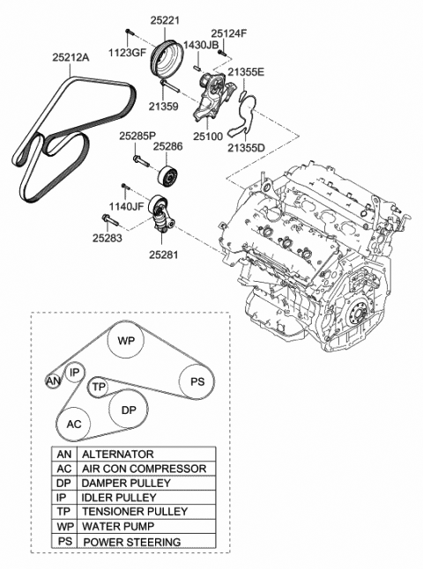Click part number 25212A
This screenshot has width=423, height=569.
pyautogui.click(x=70, y=57)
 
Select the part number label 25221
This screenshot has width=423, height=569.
pyautogui.click(x=165, y=20)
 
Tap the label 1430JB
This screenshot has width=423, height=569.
pyautogui.click(x=200, y=45)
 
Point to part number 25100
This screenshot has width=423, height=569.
pyautogui.click(x=208, y=136)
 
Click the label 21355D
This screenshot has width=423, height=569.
pyautogui.click(x=247, y=148)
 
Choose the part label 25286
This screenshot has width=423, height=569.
pyautogui.click(x=167, y=146)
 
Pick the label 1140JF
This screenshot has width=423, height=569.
pyautogui.click(x=127, y=207)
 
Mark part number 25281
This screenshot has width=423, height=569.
pyautogui.click(x=164, y=255)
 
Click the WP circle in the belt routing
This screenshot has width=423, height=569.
pyautogui.click(x=126, y=340)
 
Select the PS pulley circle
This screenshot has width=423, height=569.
pyautogui.click(x=197, y=381)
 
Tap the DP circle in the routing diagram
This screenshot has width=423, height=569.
pyautogui.click(x=129, y=410)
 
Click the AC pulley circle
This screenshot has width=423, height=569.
pyautogui.click(x=74, y=424)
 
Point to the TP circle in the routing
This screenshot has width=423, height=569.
pyautogui.click(x=98, y=387)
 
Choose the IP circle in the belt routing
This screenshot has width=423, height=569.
pyautogui.click(x=74, y=373)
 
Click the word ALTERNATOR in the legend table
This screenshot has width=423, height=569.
pyautogui.click(x=118, y=454)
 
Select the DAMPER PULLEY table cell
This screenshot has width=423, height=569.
pyautogui.click(x=146, y=483)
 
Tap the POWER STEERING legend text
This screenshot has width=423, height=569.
pyautogui.click(x=132, y=542)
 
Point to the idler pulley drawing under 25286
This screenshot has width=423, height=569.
pyautogui.click(x=168, y=178)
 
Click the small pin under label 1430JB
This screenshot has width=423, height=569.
pyautogui.click(x=198, y=67)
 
